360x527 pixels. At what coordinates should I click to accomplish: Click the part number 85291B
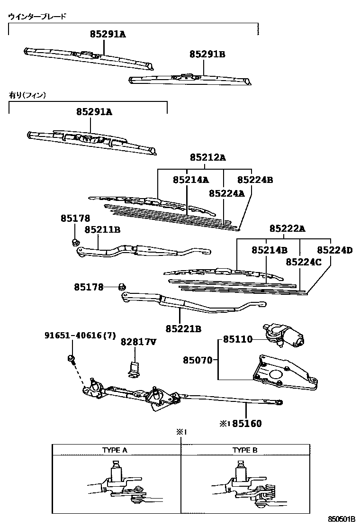tap(207, 55)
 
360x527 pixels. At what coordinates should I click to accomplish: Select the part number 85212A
tap(208, 157)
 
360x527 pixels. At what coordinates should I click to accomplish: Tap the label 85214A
tap(190, 180)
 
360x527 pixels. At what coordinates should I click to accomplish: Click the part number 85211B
tap(102, 229)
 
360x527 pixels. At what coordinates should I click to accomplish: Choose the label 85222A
tap(288, 228)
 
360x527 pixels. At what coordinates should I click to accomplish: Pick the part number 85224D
tap(334, 250)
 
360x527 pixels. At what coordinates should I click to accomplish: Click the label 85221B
tap(183, 328)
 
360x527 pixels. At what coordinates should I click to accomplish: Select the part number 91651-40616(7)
tap(80, 335)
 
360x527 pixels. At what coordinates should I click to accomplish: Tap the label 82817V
tap(138, 341)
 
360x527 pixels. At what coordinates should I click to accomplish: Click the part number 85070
tap(198, 360)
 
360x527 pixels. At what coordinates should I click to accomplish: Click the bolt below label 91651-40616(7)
tap(71, 358)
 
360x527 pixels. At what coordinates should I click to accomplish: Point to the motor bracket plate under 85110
tap(282, 372)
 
